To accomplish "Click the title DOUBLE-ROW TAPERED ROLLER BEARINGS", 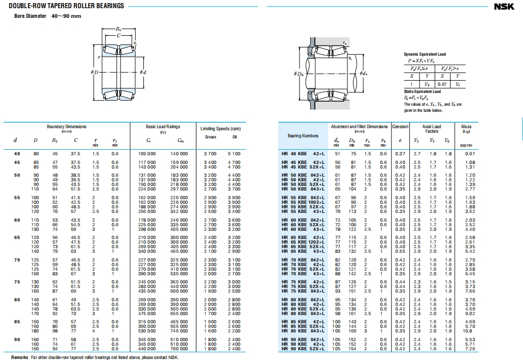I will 66,6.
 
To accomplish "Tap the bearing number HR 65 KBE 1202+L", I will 303,242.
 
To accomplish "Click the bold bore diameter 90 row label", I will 17,339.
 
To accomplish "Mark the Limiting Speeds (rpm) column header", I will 220,129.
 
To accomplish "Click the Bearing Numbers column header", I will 303,135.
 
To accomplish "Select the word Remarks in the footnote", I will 19,357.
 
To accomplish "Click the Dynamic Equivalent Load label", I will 425,54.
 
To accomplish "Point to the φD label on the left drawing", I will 95,72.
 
